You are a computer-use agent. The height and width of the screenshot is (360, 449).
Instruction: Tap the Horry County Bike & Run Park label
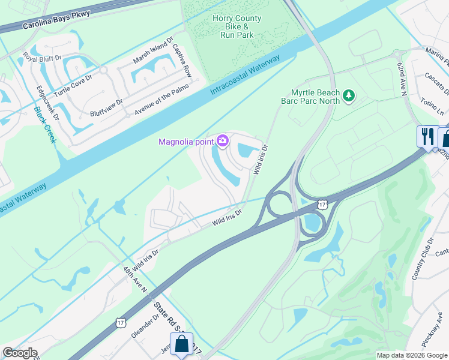pyautogui.click(x=237, y=26)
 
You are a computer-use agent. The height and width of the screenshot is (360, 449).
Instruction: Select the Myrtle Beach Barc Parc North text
pyautogui.click(x=307, y=97)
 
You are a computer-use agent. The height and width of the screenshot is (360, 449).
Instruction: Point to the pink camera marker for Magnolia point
pyautogui.click(x=223, y=141)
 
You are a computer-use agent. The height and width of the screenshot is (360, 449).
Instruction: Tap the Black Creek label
pyautogui.click(x=45, y=124)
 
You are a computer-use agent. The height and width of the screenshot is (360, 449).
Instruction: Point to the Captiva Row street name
pyautogui.click(x=181, y=60)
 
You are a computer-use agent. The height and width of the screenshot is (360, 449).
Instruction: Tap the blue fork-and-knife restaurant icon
pyautogui.click(x=427, y=136)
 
